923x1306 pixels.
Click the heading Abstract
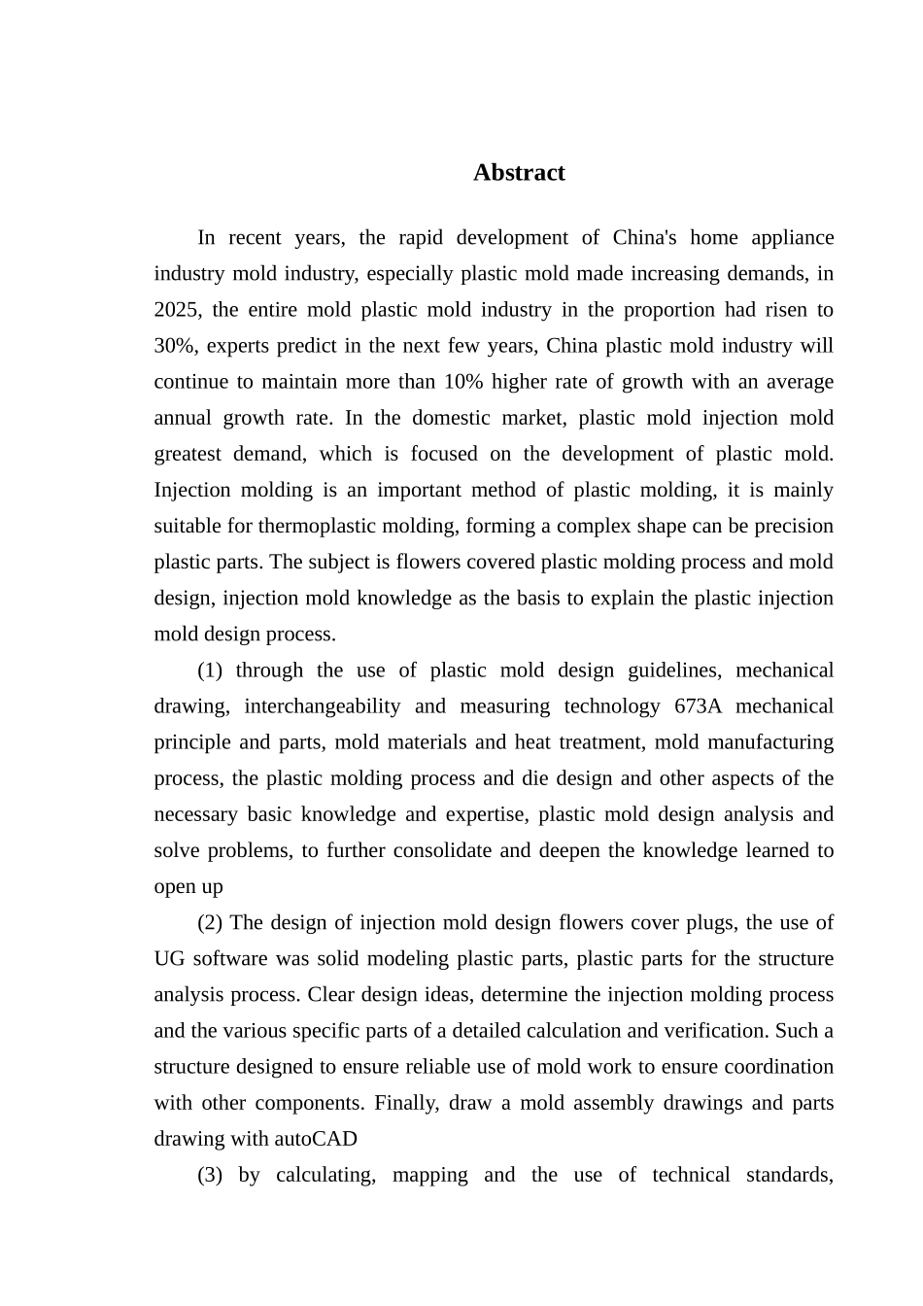[x=519, y=173]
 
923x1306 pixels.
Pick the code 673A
[x=698, y=706]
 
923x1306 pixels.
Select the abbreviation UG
[x=169, y=959]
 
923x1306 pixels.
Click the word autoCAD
[x=316, y=1139]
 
